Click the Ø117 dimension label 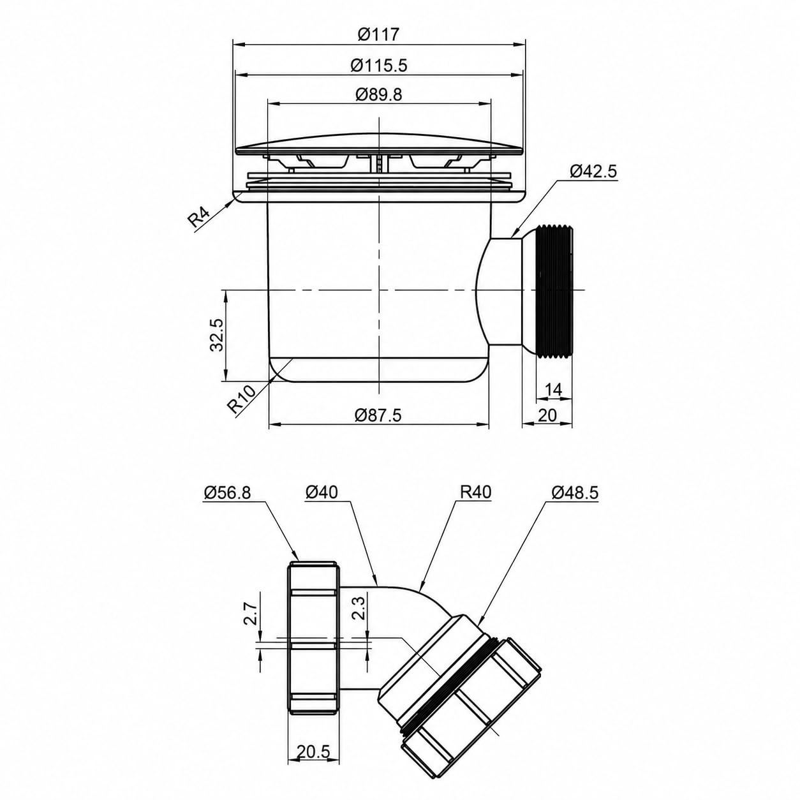click(x=378, y=34)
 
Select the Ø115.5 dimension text click(x=378, y=65)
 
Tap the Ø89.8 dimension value click(x=378, y=95)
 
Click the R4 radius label click(x=199, y=217)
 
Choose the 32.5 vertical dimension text click(x=217, y=335)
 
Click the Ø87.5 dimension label click(x=378, y=415)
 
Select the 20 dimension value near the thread click(x=547, y=415)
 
